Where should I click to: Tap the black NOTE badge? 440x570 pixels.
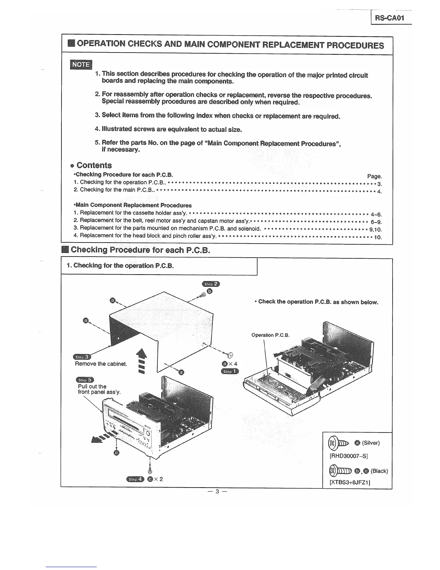pos(81,65)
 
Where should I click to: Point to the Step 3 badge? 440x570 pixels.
pos(81,357)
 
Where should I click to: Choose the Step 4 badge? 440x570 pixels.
pos(135,479)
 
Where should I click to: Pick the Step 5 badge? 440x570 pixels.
pos(85,380)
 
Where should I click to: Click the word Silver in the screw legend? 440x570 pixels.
pos(371,443)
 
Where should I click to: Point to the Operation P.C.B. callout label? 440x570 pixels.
pos(270,335)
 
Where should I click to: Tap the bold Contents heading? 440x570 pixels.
pos(94,166)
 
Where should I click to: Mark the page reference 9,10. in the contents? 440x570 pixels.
pos(375,230)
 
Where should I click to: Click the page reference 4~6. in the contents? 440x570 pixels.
pos(376,214)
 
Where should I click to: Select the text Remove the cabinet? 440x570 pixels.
pos(101,364)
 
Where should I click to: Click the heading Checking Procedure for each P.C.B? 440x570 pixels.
pos(140,250)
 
